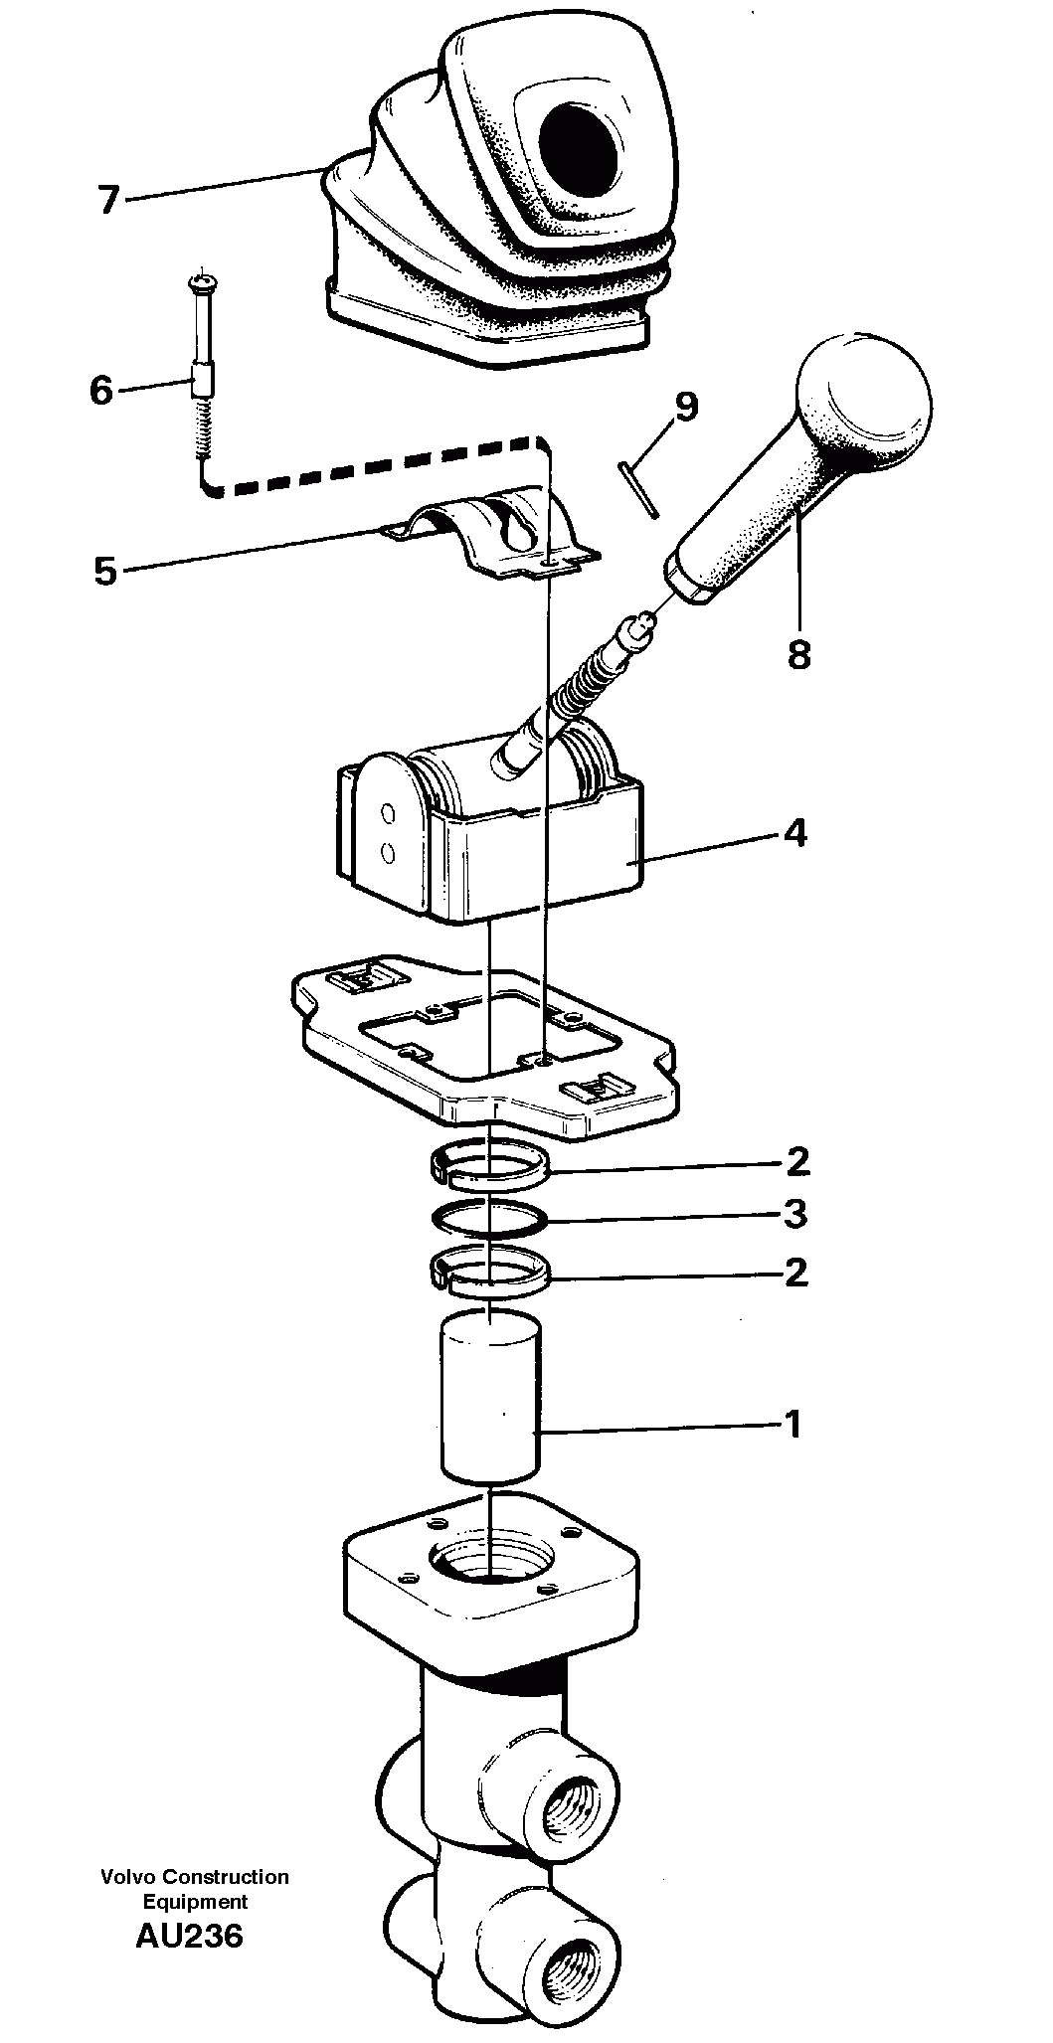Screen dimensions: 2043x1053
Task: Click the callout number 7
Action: point(107,200)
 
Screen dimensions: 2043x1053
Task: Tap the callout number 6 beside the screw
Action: point(101,391)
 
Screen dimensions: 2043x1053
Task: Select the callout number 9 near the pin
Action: point(685,406)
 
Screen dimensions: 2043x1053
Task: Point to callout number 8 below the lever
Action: point(798,654)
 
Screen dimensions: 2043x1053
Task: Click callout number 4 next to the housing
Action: point(795,832)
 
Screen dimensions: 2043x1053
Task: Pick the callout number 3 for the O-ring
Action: point(795,1214)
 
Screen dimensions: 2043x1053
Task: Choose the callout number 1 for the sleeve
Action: point(792,1425)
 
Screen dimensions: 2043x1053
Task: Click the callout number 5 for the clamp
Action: point(105,572)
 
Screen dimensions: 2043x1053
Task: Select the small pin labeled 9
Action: point(636,489)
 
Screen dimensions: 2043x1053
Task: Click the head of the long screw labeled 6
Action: point(201,283)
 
